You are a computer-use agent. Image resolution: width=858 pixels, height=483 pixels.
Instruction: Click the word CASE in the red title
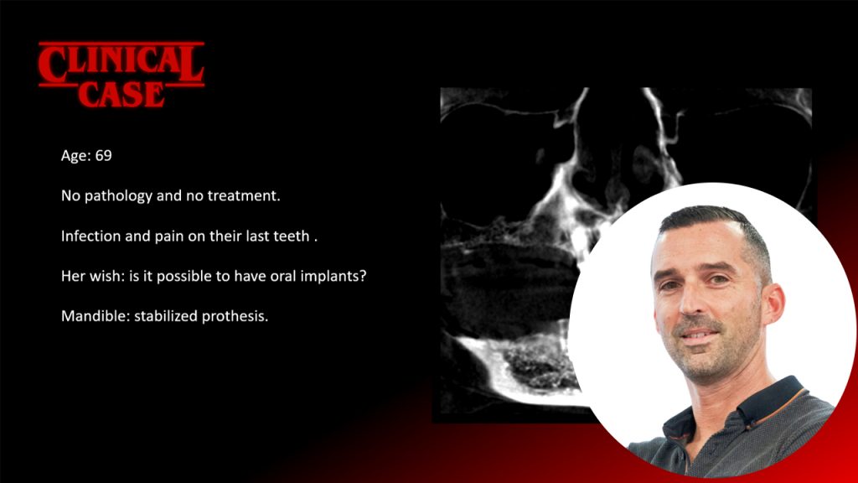(x=121, y=93)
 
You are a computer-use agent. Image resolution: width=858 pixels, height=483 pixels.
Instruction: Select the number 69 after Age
(x=104, y=156)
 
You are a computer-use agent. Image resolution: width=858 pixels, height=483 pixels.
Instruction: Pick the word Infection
(x=90, y=236)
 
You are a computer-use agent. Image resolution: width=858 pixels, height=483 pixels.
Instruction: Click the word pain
(x=168, y=236)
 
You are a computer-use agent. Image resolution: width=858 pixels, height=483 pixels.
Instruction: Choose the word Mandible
(x=90, y=317)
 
